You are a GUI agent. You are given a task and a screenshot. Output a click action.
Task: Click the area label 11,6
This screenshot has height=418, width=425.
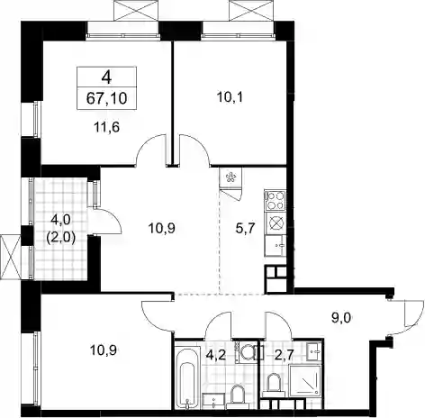click(x=107, y=127)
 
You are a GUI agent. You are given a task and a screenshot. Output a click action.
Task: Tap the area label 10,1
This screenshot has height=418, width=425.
click(x=230, y=97)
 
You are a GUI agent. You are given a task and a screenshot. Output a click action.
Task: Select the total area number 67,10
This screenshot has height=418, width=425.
click(x=106, y=98)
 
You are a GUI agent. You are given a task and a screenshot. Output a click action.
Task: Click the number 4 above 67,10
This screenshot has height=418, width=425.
click(x=106, y=77)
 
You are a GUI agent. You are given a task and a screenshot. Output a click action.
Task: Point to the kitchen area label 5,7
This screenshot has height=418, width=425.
click(x=246, y=229)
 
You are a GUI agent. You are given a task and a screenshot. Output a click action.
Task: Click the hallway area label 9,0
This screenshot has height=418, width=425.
click(x=341, y=318)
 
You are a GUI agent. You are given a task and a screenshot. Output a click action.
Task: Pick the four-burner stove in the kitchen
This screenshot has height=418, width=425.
click(x=276, y=200)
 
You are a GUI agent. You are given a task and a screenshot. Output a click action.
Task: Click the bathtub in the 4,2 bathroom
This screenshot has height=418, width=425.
click(x=187, y=377)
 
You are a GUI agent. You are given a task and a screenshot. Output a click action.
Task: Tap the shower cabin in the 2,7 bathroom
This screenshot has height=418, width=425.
click(x=305, y=381)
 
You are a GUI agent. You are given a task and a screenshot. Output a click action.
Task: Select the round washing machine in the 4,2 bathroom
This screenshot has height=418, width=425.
click(x=248, y=352)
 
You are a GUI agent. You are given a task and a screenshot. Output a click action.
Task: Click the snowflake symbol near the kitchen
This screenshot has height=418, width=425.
click(x=231, y=177)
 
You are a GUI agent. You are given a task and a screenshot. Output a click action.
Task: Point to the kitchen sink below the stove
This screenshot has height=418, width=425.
click(x=276, y=246)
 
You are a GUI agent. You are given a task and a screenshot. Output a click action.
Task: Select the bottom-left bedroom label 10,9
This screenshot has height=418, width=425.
click(x=104, y=350)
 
